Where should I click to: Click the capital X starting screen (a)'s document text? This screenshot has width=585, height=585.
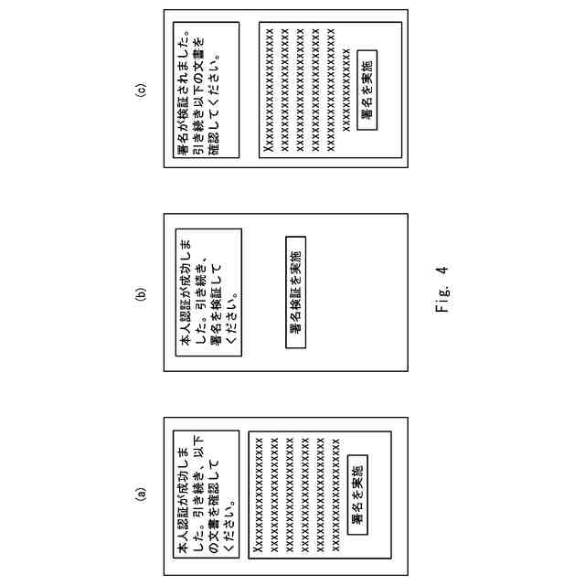[257, 549]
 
